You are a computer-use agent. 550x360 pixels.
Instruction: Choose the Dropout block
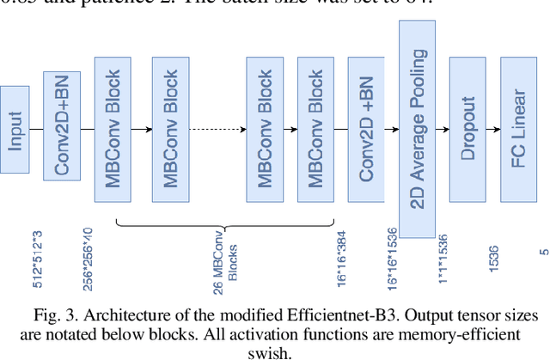point(468,129)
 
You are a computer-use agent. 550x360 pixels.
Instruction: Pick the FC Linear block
point(519,129)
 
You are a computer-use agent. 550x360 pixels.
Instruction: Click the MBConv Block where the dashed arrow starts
point(170,129)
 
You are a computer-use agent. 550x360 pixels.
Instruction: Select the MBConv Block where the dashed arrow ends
point(265,129)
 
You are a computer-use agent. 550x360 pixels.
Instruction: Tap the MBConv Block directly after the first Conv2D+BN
point(112,129)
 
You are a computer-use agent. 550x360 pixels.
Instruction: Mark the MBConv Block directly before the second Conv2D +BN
point(315,129)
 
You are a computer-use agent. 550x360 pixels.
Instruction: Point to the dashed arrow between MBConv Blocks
point(217,129)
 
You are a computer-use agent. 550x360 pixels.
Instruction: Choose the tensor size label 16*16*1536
point(392,255)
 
